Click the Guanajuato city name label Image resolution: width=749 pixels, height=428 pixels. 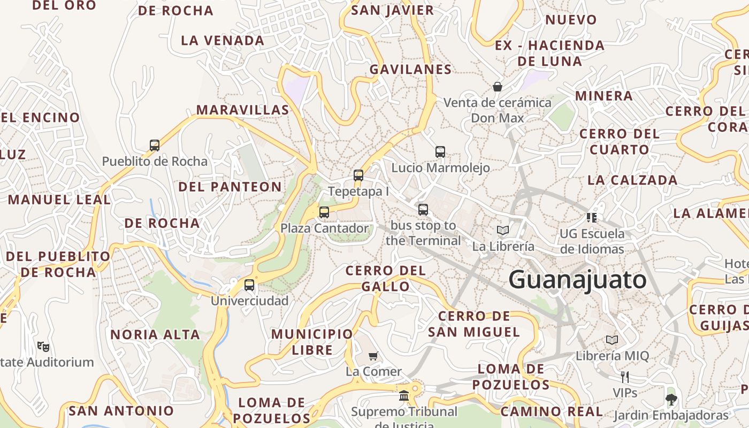(x=577, y=280)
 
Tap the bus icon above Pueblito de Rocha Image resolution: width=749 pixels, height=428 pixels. (x=155, y=145)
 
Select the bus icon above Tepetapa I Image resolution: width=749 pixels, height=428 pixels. (x=358, y=175)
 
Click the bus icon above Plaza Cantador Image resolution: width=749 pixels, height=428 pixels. (x=324, y=212)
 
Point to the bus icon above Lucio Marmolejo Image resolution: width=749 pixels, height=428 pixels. (x=440, y=151)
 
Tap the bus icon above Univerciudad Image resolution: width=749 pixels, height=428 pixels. (x=249, y=285)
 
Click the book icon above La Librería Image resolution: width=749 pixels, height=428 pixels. (x=502, y=230)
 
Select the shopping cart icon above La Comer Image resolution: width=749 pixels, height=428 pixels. (x=373, y=356)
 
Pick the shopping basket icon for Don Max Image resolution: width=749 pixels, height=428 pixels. (x=498, y=86)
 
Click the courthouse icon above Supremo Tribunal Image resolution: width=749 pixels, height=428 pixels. (x=404, y=396)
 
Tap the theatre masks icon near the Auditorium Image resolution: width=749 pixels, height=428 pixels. (x=43, y=346)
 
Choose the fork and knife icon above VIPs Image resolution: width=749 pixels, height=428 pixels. (x=624, y=377)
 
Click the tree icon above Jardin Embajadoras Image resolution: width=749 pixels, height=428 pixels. (x=671, y=399)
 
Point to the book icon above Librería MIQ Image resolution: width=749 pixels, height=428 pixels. (x=612, y=340)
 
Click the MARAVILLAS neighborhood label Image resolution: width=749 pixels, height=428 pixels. (x=242, y=110)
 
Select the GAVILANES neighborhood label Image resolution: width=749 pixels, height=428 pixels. (x=410, y=70)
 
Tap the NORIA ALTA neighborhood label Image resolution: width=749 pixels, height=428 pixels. (x=155, y=335)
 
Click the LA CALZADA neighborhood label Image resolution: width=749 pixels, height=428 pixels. (x=632, y=180)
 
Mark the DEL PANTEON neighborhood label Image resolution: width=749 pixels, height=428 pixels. (x=230, y=187)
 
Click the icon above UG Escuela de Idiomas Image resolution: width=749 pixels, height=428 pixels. (x=592, y=217)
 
